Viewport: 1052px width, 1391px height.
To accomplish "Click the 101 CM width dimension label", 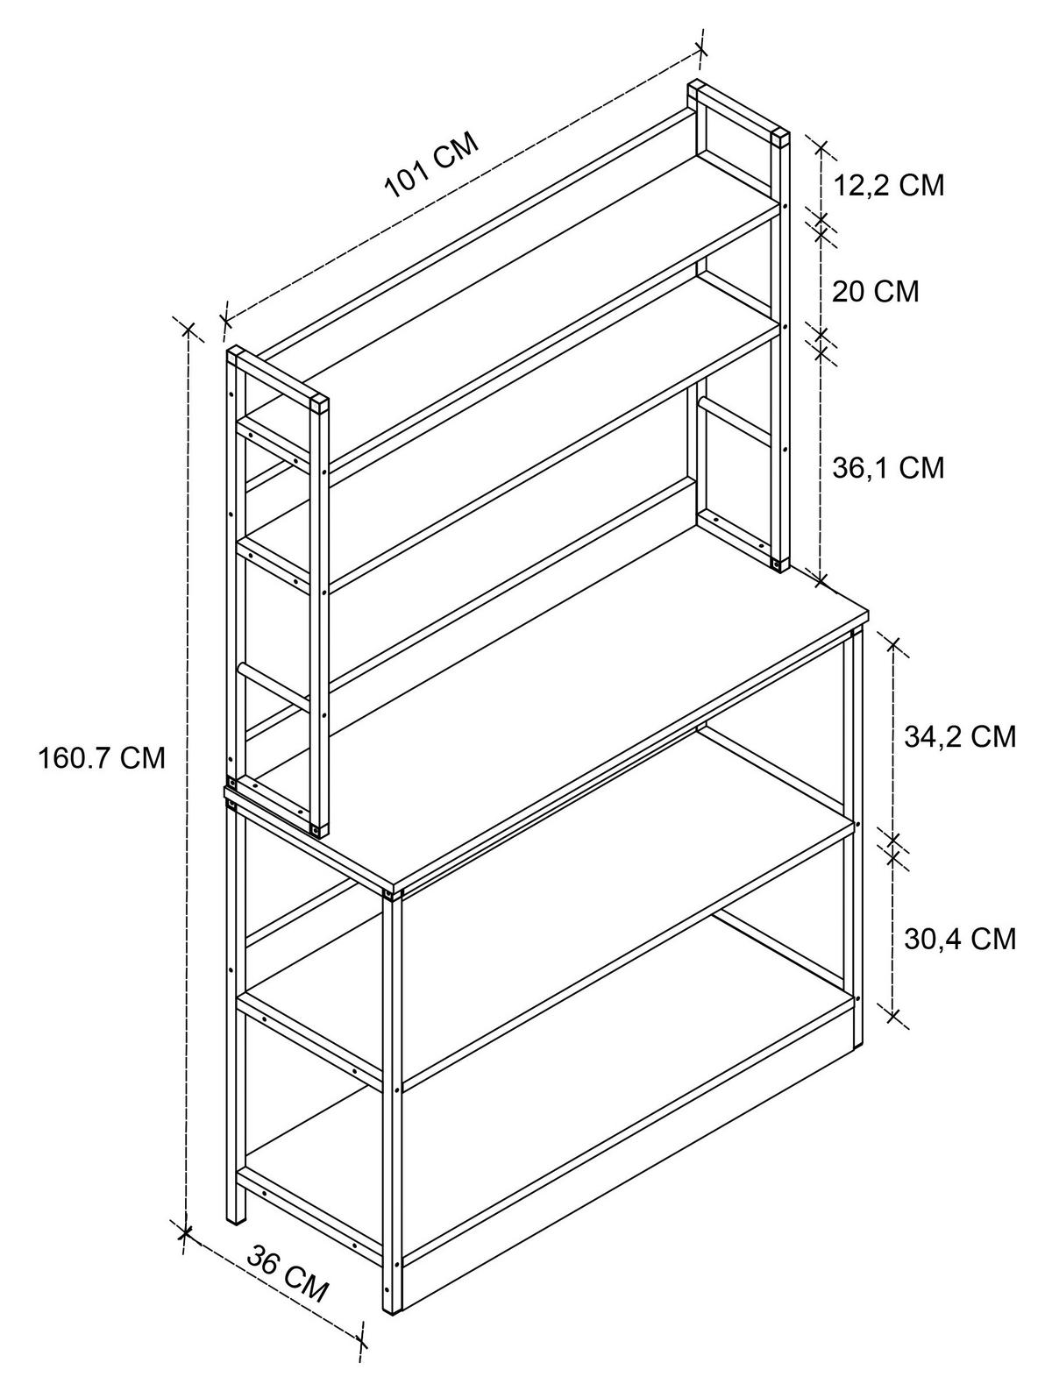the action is click(431, 166).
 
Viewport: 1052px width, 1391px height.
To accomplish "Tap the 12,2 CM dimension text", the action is click(888, 186).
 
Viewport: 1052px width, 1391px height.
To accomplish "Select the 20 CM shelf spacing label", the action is click(875, 292).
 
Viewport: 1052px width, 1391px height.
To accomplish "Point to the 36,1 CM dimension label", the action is click(888, 468).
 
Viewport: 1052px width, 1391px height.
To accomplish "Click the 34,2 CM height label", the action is click(959, 736).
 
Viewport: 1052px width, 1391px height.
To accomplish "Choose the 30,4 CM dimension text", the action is click(959, 939).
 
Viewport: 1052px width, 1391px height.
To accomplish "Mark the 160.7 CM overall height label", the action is click(102, 758).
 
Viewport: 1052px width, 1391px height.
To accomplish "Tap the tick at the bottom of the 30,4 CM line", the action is click(893, 1017).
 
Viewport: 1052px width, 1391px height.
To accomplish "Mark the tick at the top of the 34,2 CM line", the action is click(893, 644).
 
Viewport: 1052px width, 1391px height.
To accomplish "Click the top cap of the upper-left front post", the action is click(319, 401).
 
